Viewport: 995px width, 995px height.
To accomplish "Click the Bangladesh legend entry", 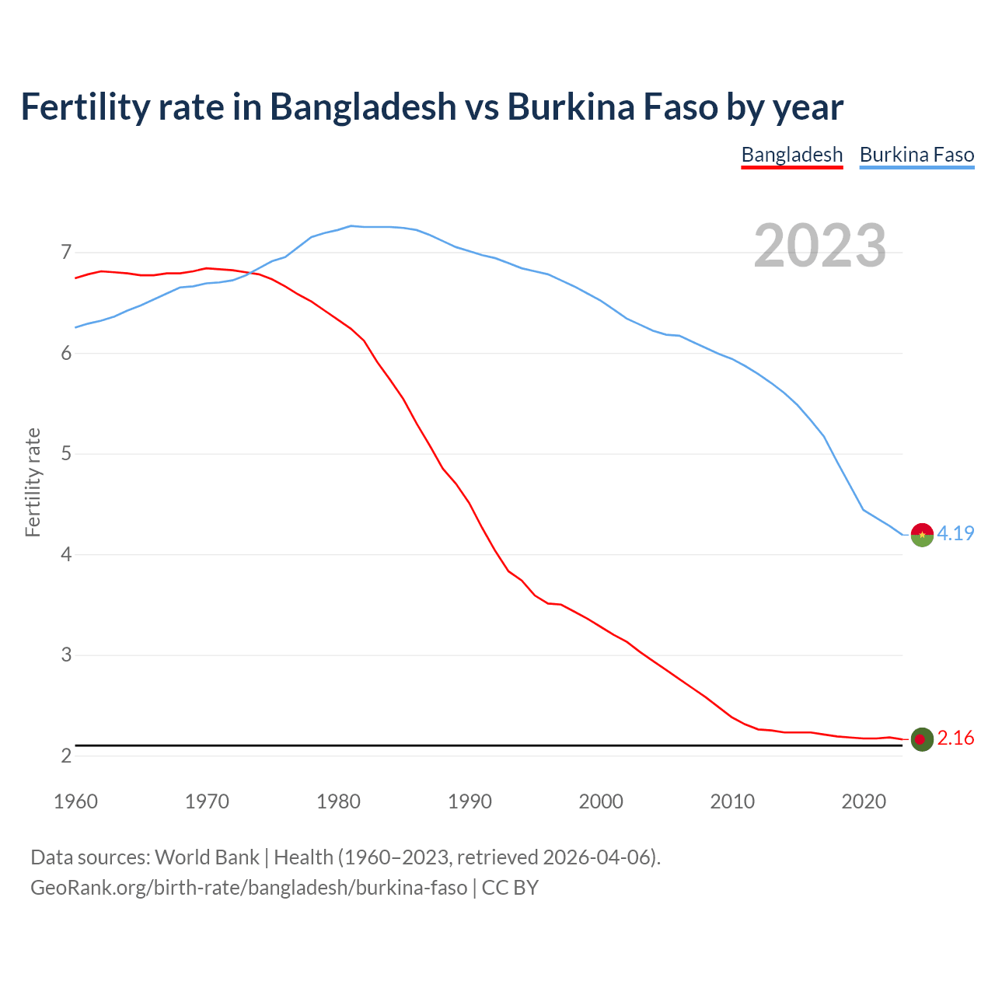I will [x=791, y=155].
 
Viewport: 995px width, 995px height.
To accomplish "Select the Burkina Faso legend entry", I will [x=916, y=155].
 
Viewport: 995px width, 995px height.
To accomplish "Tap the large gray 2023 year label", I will [x=819, y=246].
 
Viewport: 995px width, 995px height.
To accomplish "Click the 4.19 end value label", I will [x=955, y=533].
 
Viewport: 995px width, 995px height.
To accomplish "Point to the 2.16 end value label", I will [x=955, y=738].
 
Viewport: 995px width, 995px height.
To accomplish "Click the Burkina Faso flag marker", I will [x=922, y=535].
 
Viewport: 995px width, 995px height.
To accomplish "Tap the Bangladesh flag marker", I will [x=922, y=739].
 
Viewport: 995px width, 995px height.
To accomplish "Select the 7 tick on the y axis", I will [x=66, y=253].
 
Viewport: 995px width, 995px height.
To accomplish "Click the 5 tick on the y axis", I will [x=66, y=454].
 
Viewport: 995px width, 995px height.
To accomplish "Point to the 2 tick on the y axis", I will [x=66, y=756].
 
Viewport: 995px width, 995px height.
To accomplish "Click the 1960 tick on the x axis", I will [x=75, y=801].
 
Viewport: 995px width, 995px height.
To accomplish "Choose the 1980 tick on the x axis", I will [x=338, y=801].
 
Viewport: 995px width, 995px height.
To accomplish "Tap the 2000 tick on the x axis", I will [x=601, y=801].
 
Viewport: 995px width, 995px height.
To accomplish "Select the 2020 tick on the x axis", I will [x=864, y=801].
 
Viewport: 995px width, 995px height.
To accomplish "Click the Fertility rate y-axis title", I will [x=33, y=482].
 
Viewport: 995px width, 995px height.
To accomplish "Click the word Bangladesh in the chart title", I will [x=363, y=106].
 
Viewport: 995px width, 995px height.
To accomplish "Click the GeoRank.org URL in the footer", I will [x=249, y=888].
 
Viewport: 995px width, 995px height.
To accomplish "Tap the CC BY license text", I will [x=510, y=888].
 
